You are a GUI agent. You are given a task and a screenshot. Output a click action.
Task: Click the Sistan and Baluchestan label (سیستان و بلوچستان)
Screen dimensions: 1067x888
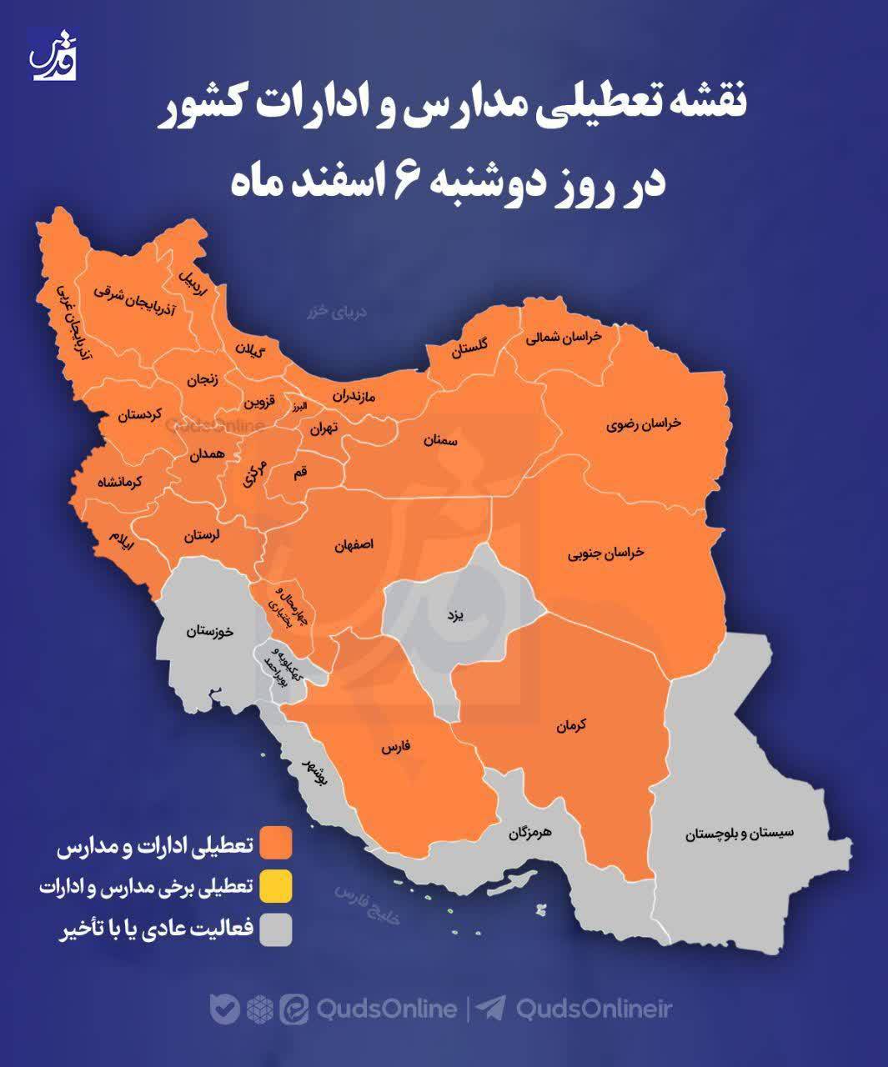point(740,833)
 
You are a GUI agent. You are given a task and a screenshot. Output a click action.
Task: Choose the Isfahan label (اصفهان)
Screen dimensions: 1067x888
point(354,544)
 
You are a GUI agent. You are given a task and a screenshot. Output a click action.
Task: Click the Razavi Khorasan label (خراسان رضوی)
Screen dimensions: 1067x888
point(644,424)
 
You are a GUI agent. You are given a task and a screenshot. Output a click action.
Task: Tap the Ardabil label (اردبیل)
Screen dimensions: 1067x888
point(191,281)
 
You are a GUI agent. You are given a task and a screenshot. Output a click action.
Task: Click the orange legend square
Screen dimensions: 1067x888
point(276,844)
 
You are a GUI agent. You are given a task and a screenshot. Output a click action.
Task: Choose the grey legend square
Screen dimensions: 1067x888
point(276,930)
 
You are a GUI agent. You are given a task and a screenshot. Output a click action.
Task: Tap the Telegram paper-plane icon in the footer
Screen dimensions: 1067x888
point(493,1009)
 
